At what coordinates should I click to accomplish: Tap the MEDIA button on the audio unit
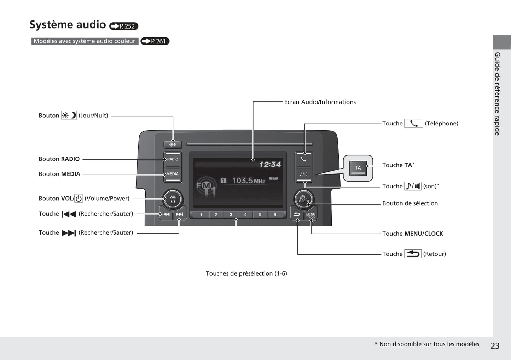pyautogui.click(x=173, y=174)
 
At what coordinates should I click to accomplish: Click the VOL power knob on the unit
pyautogui.click(x=173, y=200)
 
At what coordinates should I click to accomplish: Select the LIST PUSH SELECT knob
pyautogui.click(x=303, y=199)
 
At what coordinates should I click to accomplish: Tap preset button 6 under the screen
pyautogui.click(x=275, y=214)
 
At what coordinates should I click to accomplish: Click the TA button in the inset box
pyautogui.click(x=358, y=168)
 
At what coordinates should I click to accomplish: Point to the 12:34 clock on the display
pyautogui.click(x=270, y=165)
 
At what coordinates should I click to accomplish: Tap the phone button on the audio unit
pyautogui.click(x=303, y=159)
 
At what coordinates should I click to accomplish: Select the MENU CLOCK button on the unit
pyautogui.click(x=310, y=215)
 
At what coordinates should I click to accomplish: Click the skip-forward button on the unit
pyautogui.click(x=179, y=214)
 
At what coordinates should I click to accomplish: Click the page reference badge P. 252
pyautogui.click(x=124, y=26)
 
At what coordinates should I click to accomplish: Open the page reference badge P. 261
pyautogui.click(x=155, y=41)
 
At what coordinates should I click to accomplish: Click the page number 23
pyautogui.click(x=495, y=346)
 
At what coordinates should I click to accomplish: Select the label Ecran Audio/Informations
pyautogui.click(x=320, y=102)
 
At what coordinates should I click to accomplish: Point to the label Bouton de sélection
pyautogui.click(x=410, y=203)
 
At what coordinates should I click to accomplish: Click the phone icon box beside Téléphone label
pyautogui.click(x=413, y=123)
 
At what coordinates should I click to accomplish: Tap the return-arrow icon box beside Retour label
pyautogui.click(x=413, y=254)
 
